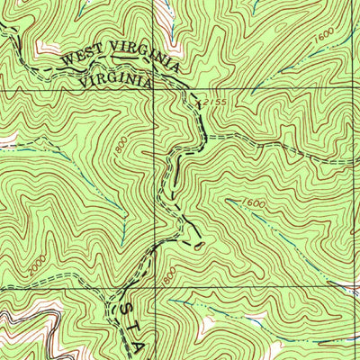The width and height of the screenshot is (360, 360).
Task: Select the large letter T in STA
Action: click(x=137, y=328)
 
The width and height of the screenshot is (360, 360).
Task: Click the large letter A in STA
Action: click(x=148, y=347)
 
